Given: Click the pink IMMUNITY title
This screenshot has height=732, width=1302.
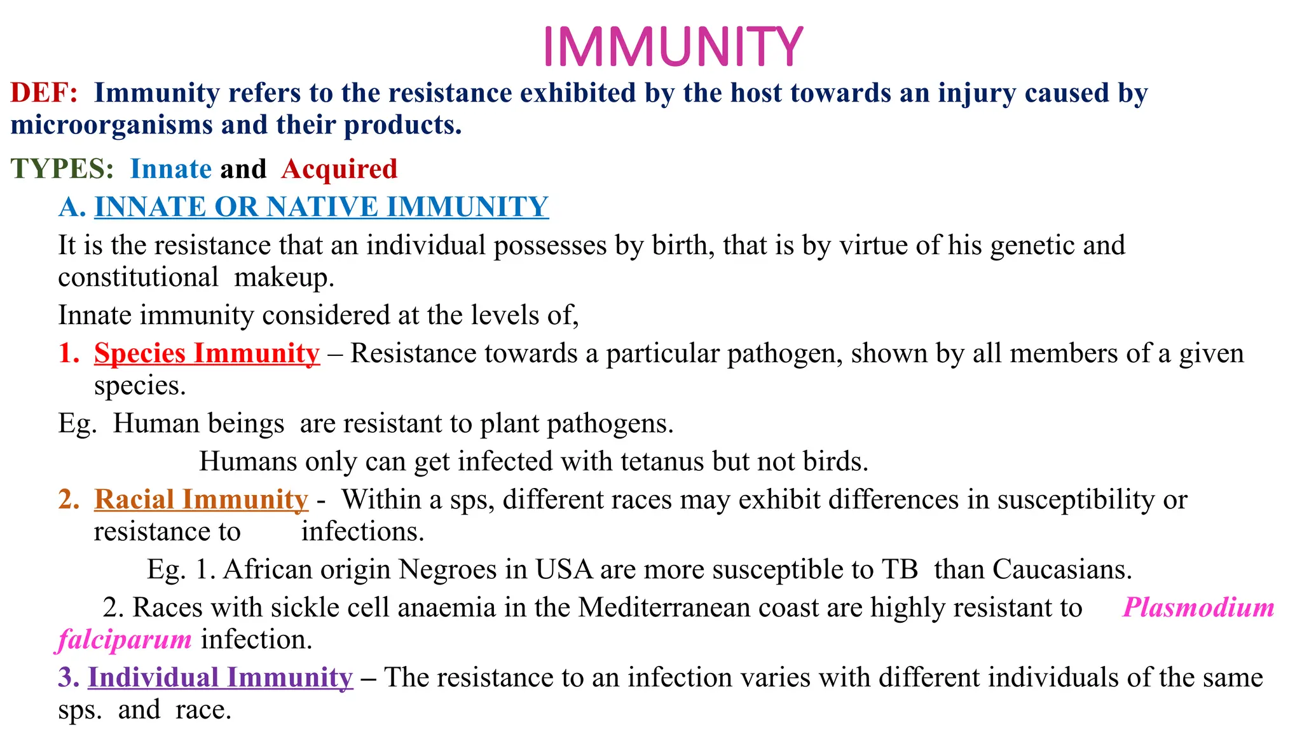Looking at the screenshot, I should pos(673,46).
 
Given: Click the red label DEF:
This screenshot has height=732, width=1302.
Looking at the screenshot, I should pos(44,93).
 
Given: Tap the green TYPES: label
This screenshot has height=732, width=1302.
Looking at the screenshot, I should pos(62,169).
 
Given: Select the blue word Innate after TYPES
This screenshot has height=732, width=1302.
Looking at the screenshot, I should pos(170,169).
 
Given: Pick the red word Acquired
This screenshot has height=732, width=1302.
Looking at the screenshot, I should pos(339,169).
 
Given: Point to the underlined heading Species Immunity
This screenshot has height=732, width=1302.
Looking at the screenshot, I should pos(207,353).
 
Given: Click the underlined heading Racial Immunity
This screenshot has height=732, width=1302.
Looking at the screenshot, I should pos(201,499).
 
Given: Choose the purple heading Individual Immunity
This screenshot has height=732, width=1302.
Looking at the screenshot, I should pos(220,677).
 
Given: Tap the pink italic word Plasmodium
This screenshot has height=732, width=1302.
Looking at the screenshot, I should pos(1198,607).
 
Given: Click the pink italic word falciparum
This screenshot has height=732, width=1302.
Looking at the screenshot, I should pos(125,639).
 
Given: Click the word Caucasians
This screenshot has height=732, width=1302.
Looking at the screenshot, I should pos(1062,569).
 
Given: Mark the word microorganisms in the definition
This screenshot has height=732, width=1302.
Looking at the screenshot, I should pos(112,125).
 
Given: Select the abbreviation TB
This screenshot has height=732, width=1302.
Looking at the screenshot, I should pos(899,569).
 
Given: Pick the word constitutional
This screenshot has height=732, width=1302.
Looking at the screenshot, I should pos(138,277).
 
